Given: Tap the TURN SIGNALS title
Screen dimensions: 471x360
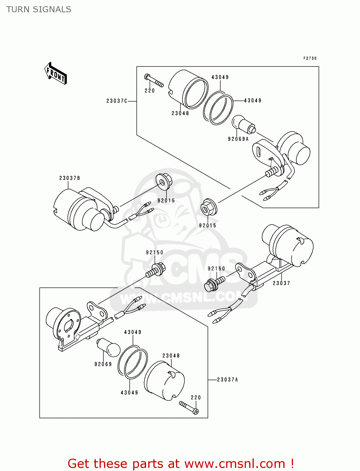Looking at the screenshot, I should pos(39,9).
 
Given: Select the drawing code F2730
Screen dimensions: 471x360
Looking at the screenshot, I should pos(310,58).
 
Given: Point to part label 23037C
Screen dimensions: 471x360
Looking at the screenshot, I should pos(117,101).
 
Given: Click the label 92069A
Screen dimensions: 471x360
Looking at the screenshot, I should pos(238,139).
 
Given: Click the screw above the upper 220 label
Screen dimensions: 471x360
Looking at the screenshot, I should pos(154,80).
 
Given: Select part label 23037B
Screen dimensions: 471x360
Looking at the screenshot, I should pos(69,178).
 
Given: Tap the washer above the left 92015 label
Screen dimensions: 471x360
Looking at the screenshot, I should pos(163,182).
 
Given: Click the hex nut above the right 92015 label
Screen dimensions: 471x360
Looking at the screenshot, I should pos(208,208).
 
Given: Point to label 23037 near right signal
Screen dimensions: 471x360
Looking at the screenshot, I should pos(281,283).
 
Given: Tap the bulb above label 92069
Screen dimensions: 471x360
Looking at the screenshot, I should pos(109,348).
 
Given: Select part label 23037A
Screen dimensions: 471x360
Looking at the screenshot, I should pos(227,380).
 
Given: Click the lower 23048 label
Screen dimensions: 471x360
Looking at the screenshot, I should pos(171,356).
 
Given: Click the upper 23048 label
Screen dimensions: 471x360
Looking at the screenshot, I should pos(180,113).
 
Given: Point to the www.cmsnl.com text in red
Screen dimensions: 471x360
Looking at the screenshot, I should pos(234,463).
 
